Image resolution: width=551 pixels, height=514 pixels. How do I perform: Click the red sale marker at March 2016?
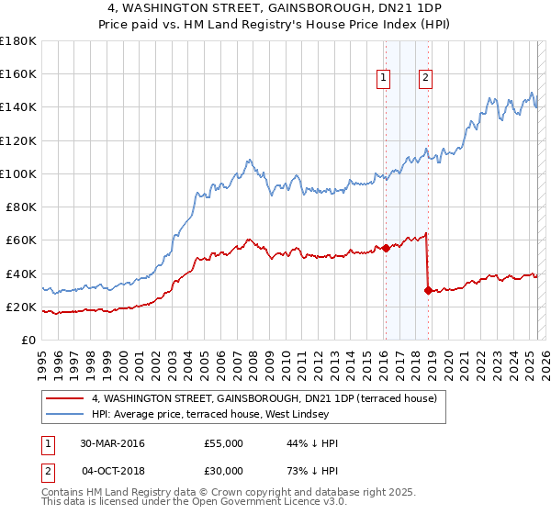[386, 248]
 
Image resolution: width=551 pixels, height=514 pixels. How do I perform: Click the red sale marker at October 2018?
[428, 290]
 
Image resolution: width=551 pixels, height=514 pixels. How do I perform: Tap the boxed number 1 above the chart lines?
[382, 78]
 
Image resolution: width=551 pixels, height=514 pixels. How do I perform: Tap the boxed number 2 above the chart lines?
[426, 78]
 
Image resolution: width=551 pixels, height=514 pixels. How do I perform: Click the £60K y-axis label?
[21, 240]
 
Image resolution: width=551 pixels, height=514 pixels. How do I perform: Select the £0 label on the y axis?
[28, 341]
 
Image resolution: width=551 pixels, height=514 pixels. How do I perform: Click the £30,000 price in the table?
[224, 470]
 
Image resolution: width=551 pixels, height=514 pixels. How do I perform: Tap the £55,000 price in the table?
[224, 443]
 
